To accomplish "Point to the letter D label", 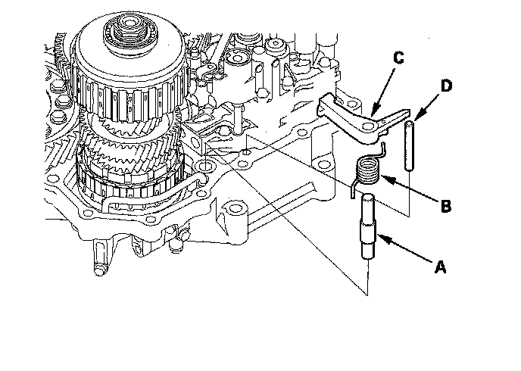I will (446, 86).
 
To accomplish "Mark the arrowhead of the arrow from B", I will (382, 176).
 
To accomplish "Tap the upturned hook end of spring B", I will (383, 148).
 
